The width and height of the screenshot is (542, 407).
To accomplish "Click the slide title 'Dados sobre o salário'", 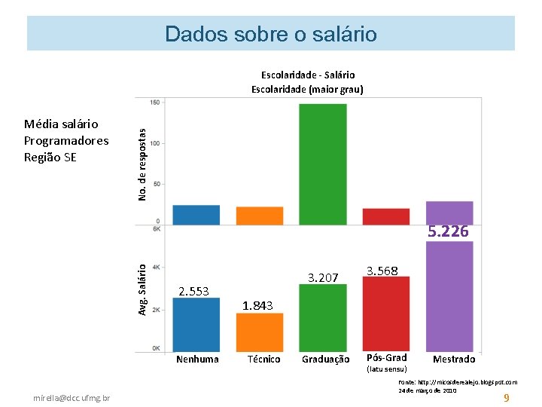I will [x=271, y=34].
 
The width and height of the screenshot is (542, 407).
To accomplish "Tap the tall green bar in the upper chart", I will [x=323, y=164].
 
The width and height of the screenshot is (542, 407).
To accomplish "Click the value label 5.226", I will [x=449, y=232].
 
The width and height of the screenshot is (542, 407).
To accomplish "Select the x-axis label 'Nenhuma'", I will [x=197, y=359].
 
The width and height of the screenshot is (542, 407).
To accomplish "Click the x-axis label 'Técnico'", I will [x=263, y=359].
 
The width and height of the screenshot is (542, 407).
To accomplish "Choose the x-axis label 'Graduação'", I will [x=325, y=360].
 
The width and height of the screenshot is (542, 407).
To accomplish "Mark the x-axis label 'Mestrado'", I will [x=454, y=359].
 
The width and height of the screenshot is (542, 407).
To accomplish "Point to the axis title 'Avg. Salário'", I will [x=142, y=287].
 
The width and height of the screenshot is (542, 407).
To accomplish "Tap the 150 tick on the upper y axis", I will [x=154, y=103].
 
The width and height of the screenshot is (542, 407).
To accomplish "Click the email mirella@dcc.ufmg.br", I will [x=72, y=397].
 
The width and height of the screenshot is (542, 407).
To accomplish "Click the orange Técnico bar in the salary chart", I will [x=260, y=332].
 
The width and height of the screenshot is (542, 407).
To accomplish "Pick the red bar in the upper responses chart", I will [x=386, y=216].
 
